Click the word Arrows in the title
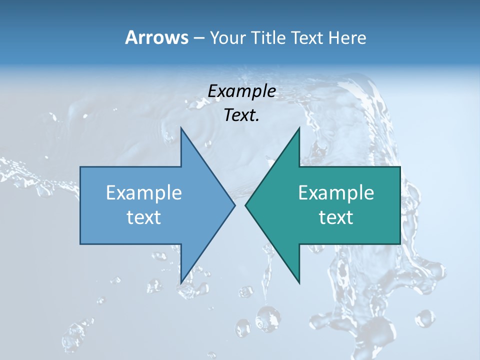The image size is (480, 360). click(x=156, y=37)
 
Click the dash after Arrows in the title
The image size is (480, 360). click(x=198, y=38)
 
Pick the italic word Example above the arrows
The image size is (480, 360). click(x=241, y=91)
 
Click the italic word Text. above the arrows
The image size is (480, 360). click(x=241, y=115)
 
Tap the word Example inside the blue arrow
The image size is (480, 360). click(x=144, y=192)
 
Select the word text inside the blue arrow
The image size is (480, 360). click(x=144, y=217)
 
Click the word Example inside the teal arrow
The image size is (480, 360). click(x=336, y=192)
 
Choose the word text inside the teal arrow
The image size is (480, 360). click(x=336, y=217)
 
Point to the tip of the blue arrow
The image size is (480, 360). click(x=234, y=205)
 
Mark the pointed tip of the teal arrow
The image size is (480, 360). click(x=245, y=205)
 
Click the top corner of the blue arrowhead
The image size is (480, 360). click(x=181, y=128)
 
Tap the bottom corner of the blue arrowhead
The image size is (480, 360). click(x=181, y=282)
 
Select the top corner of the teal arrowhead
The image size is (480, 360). click(x=299, y=128)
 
